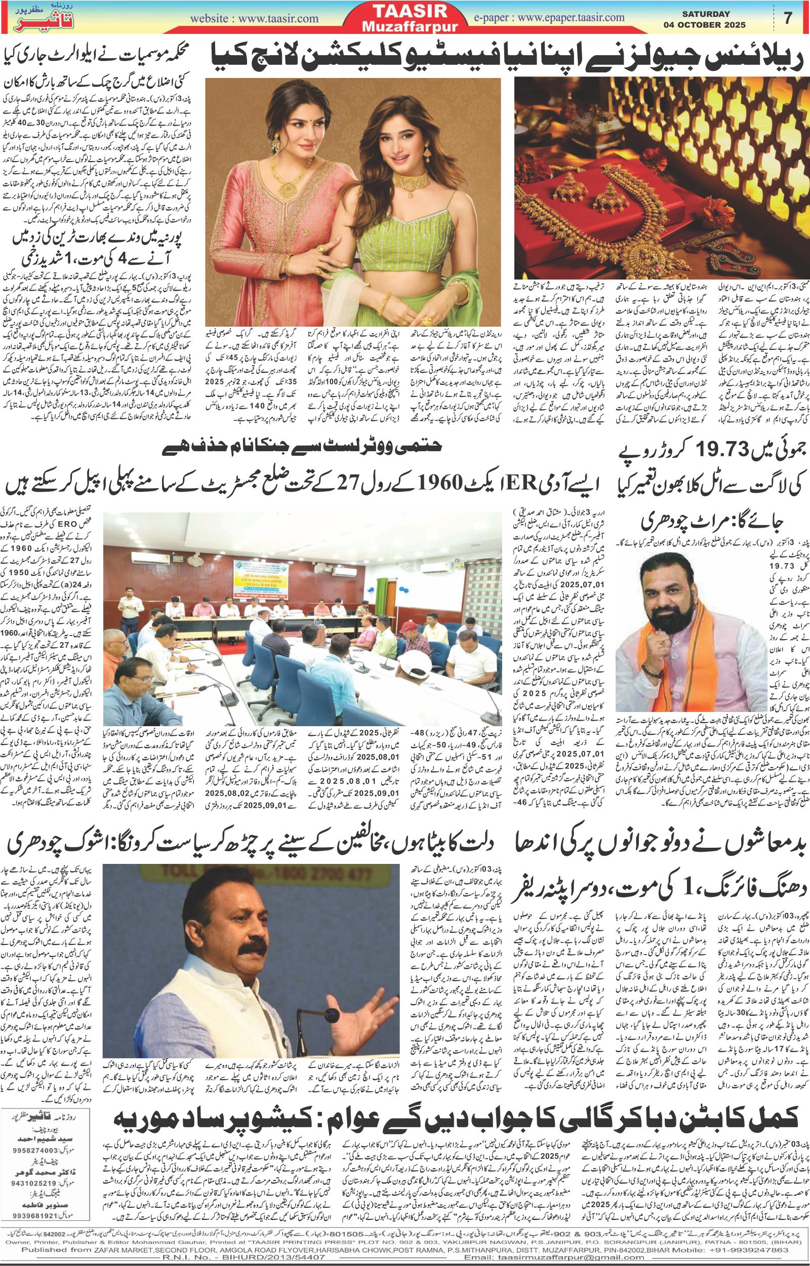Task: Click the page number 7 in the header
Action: click(787, 18)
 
